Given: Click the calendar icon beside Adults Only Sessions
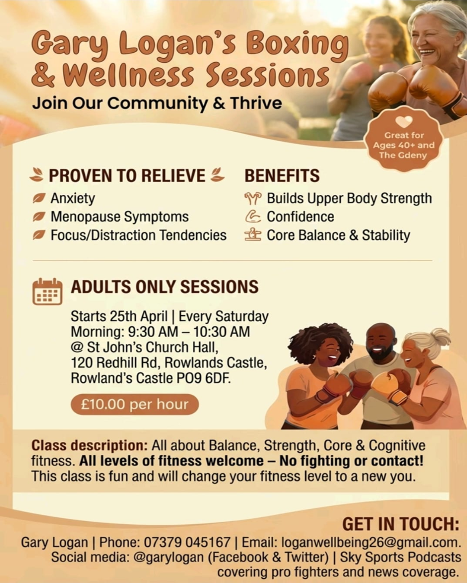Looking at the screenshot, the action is tap(48, 291).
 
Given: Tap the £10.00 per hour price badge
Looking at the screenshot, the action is tap(134, 405).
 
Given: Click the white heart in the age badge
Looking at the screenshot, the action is tap(404, 122).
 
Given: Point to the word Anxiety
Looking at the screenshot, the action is tap(73, 199).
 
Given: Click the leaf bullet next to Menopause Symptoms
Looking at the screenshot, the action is tap(39, 217).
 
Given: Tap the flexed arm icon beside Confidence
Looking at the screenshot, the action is tap(253, 217).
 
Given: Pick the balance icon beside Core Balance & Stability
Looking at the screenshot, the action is tap(253, 234).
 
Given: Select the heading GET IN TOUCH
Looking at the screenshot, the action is tap(401, 524).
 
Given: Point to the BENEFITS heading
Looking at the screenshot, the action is tap(282, 176).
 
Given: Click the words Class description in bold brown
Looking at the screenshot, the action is tap(90, 445).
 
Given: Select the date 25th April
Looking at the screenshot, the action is tap(139, 316).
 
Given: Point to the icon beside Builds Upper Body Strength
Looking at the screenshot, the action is tap(253, 199).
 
